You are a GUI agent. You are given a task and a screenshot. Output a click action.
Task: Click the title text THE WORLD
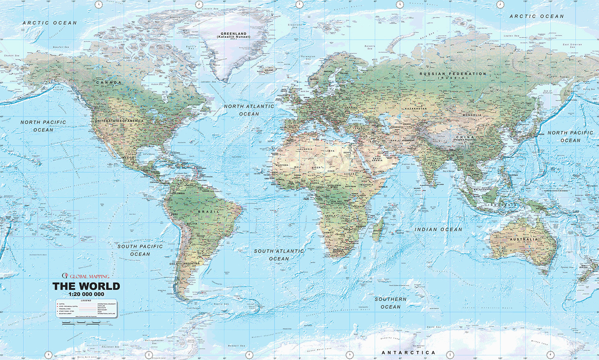[x=86, y=286]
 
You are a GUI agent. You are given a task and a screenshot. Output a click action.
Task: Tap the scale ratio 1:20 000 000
[x=86, y=294]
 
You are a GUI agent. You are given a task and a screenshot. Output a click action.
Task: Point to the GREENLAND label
[x=233, y=35]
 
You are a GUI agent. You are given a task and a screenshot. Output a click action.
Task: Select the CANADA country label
[x=109, y=82]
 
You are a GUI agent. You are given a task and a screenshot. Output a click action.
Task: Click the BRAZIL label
[x=208, y=212]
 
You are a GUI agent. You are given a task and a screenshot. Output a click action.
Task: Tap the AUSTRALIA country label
[x=524, y=239]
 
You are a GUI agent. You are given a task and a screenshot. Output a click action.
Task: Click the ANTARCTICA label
[x=408, y=353]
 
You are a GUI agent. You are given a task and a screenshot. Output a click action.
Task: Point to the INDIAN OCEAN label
[x=438, y=230]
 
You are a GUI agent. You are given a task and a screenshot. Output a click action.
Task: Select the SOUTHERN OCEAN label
[x=390, y=303]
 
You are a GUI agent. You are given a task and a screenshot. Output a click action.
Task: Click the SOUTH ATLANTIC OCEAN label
[x=279, y=255]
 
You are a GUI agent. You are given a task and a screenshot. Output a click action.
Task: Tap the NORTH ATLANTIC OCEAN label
[x=249, y=110]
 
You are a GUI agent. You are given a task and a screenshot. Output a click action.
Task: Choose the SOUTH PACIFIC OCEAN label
[x=140, y=250]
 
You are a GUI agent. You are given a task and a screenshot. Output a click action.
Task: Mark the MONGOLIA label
[x=472, y=115]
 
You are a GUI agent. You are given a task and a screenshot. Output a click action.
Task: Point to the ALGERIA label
[x=305, y=149]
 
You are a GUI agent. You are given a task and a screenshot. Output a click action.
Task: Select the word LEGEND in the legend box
[x=86, y=301]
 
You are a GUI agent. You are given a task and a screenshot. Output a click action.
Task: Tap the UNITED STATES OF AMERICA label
[x=119, y=121]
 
